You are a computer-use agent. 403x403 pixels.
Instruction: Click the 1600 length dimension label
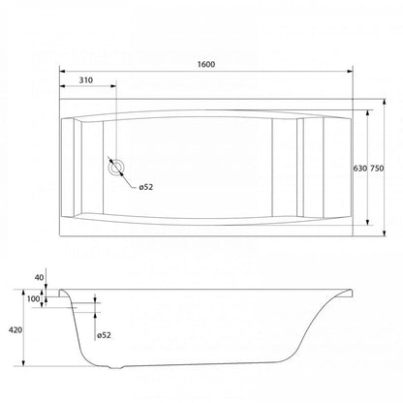coord(206,64)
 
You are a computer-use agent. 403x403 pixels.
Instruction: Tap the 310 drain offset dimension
coord(86,80)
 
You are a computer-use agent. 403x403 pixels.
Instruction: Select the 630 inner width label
coord(359,169)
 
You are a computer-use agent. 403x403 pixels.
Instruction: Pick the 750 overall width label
coord(377,169)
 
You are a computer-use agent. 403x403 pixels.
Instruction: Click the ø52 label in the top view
coord(146,187)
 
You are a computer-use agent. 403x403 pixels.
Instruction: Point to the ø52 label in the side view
coord(104,335)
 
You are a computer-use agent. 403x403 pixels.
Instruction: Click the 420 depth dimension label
coord(15,330)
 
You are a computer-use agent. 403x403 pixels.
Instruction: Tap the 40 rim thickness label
coord(39,277)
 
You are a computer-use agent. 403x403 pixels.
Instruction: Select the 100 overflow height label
coord(33,298)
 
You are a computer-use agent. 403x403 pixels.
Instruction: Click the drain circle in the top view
coord(116,168)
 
